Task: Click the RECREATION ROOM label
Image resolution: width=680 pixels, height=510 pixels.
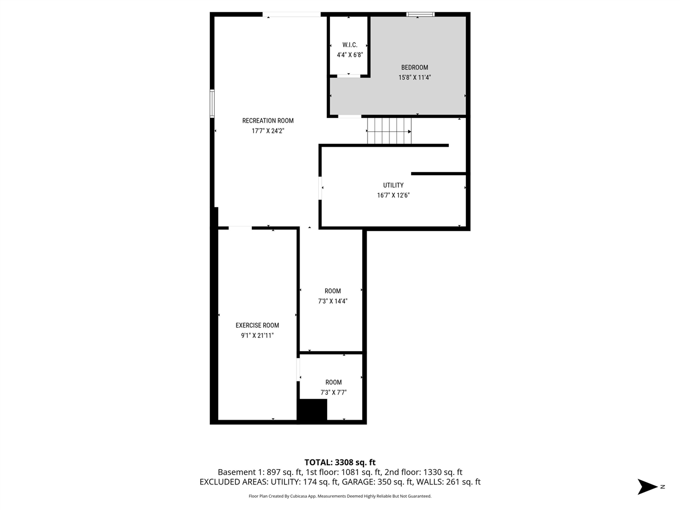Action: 268,121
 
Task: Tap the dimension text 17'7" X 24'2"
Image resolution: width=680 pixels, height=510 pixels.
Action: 268,131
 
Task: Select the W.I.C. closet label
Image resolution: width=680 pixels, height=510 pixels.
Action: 350,45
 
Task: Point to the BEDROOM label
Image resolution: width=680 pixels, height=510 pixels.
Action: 414,67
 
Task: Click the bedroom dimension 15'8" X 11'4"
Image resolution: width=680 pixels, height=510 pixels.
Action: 414,78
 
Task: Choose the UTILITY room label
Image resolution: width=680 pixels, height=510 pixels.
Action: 393,185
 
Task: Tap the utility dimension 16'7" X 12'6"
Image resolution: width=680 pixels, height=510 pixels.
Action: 393,195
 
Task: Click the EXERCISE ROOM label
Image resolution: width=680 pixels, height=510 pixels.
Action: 257,326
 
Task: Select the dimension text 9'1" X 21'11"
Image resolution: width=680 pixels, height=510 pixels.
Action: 257,336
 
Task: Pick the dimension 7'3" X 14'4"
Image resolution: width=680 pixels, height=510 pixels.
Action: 333,301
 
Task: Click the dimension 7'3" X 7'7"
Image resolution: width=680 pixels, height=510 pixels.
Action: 333,393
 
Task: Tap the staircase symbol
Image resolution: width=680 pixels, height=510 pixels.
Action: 389,131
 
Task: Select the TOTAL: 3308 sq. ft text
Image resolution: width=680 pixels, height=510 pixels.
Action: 339,462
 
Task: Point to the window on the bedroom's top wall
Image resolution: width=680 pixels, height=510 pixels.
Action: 420,14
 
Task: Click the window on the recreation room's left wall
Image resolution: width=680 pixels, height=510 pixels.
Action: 212,104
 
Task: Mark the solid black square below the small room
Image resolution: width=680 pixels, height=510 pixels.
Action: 312,411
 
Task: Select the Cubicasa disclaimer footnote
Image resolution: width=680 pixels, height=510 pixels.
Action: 339,496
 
